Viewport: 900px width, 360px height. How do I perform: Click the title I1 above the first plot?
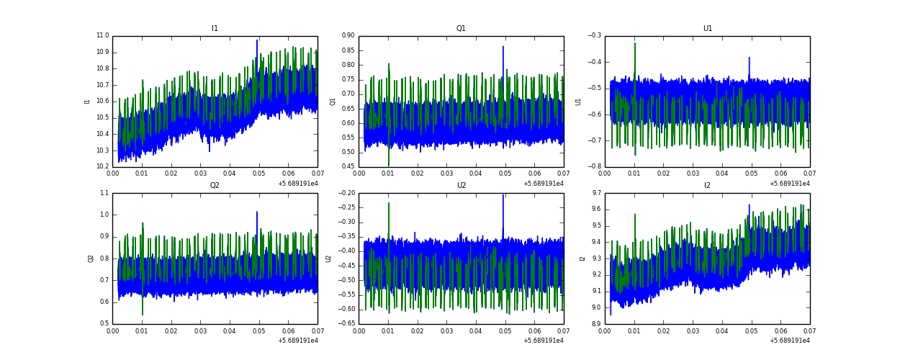tap(215, 29)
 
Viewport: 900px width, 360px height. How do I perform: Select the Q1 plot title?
tap(461, 29)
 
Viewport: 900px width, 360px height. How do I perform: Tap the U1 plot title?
tap(707, 29)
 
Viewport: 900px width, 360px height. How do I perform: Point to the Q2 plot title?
tap(215, 185)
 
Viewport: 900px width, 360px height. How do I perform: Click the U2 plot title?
tap(461, 185)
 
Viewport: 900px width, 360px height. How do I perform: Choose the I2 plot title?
tap(707, 185)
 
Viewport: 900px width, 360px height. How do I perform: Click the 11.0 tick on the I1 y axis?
tap(102, 36)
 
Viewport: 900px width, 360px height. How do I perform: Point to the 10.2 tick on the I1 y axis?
tap(102, 166)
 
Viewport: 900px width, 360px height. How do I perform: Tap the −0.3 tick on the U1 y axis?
tap(594, 36)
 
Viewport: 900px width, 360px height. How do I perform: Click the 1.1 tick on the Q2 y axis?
tap(104, 193)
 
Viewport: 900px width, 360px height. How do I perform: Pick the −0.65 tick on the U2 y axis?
tap(345, 323)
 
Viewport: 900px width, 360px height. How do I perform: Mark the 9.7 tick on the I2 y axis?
tap(596, 193)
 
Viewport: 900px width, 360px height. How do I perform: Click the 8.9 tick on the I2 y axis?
tap(596, 323)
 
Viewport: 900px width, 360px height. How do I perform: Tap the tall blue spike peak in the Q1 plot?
tap(503, 47)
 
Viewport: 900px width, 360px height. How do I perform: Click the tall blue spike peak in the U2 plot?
tap(503, 195)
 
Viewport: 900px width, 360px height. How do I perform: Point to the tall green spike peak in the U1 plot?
tap(634, 43)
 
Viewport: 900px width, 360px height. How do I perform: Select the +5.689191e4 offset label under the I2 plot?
tap(789, 341)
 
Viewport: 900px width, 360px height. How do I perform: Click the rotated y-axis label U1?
tap(578, 102)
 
